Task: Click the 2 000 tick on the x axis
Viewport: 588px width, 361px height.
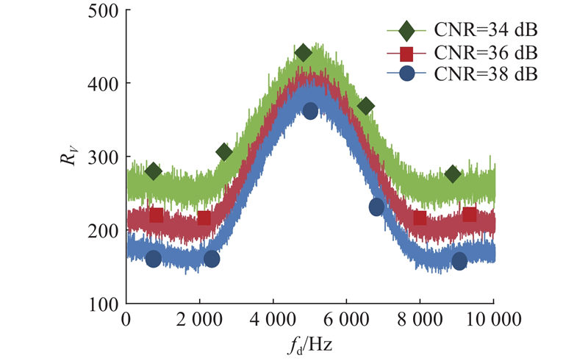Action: [x=199, y=321]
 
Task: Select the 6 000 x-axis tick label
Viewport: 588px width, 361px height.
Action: [x=346, y=321]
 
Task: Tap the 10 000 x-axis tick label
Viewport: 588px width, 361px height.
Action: [x=493, y=321]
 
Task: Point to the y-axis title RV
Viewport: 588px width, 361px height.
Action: [x=70, y=157]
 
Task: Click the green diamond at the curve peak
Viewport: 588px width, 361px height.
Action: [x=304, y=53]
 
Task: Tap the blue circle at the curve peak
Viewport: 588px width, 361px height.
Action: [x=310, y=111]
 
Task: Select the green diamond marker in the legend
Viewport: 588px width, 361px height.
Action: [x=407, y=31]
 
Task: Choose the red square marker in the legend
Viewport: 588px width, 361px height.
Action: [x=407, y=53]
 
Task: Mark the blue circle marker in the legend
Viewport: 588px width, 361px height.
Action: [x=407, y=74]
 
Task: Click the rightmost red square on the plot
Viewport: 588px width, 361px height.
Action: [x=470, y=215]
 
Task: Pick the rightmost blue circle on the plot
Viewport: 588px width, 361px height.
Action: [x=459, y=261]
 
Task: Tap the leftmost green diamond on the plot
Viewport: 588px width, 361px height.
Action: [x=153, y=171]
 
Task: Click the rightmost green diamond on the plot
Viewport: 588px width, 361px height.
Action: [x=453, y=174]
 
